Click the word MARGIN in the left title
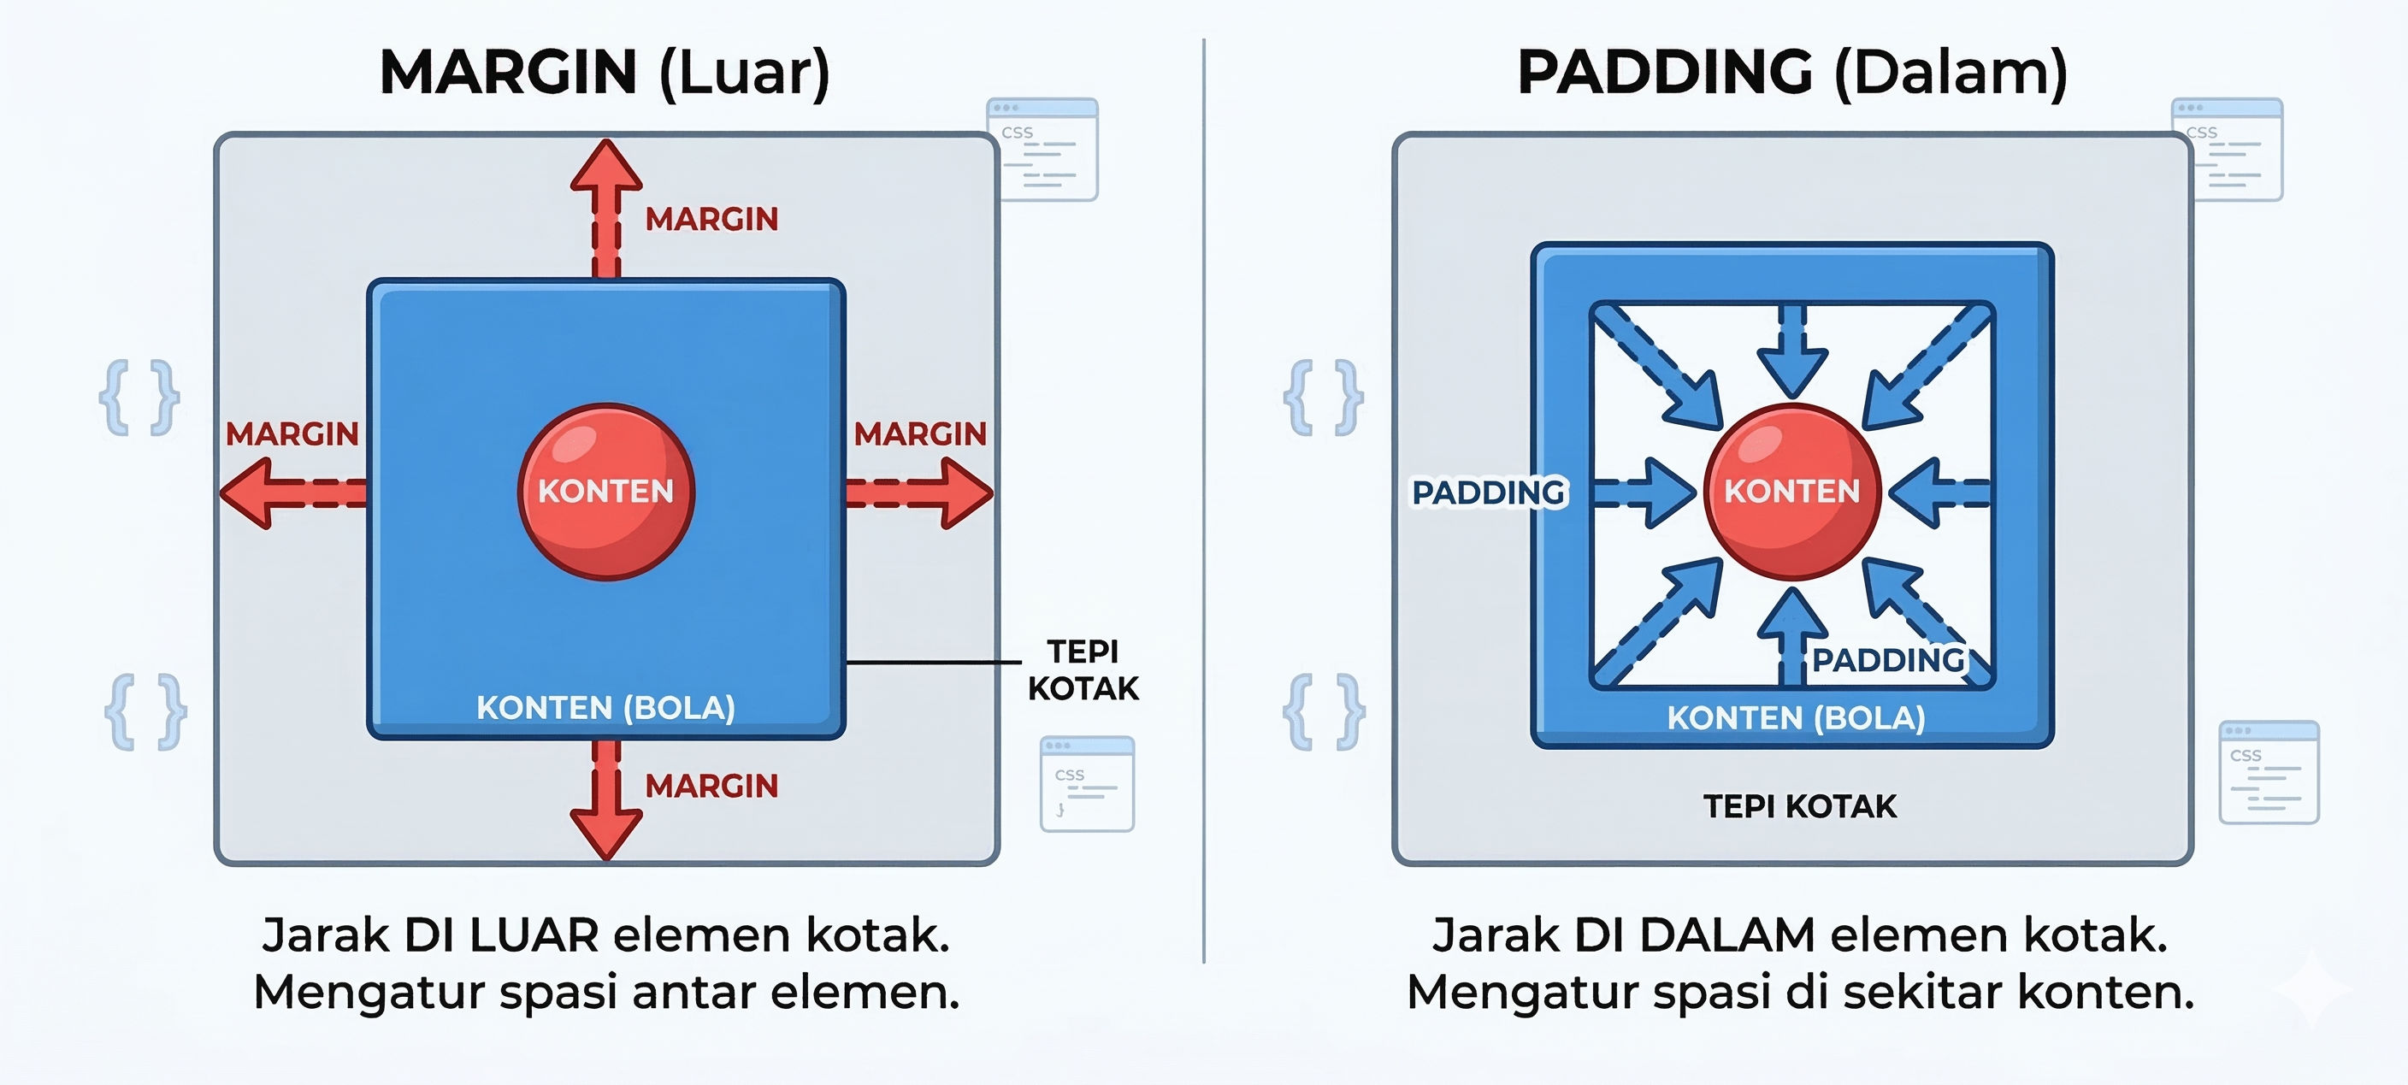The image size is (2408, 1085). click(x=509, y=73)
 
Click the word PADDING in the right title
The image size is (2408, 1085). click(x=1664, y=73)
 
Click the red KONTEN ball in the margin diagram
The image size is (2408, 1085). click(x=605, y=492)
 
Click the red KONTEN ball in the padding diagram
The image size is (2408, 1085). click(x=1792, y=492)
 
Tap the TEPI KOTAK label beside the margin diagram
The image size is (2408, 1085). click(x=1083, y=669)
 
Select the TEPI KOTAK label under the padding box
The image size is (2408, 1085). click(x=1799, y=806)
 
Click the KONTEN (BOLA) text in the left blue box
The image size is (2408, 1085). click(x=605, y=707)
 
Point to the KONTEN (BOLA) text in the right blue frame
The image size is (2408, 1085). click(x=1796, y=717)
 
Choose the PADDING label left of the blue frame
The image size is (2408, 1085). click(x=1488, y=492)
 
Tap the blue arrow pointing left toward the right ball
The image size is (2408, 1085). click(x=1939, y=492)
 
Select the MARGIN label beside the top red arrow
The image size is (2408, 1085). click(x=711, y=220)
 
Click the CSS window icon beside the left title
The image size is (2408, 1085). click(x=1042, y=150)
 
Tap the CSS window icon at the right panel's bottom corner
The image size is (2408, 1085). click(x=2269, y=772)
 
